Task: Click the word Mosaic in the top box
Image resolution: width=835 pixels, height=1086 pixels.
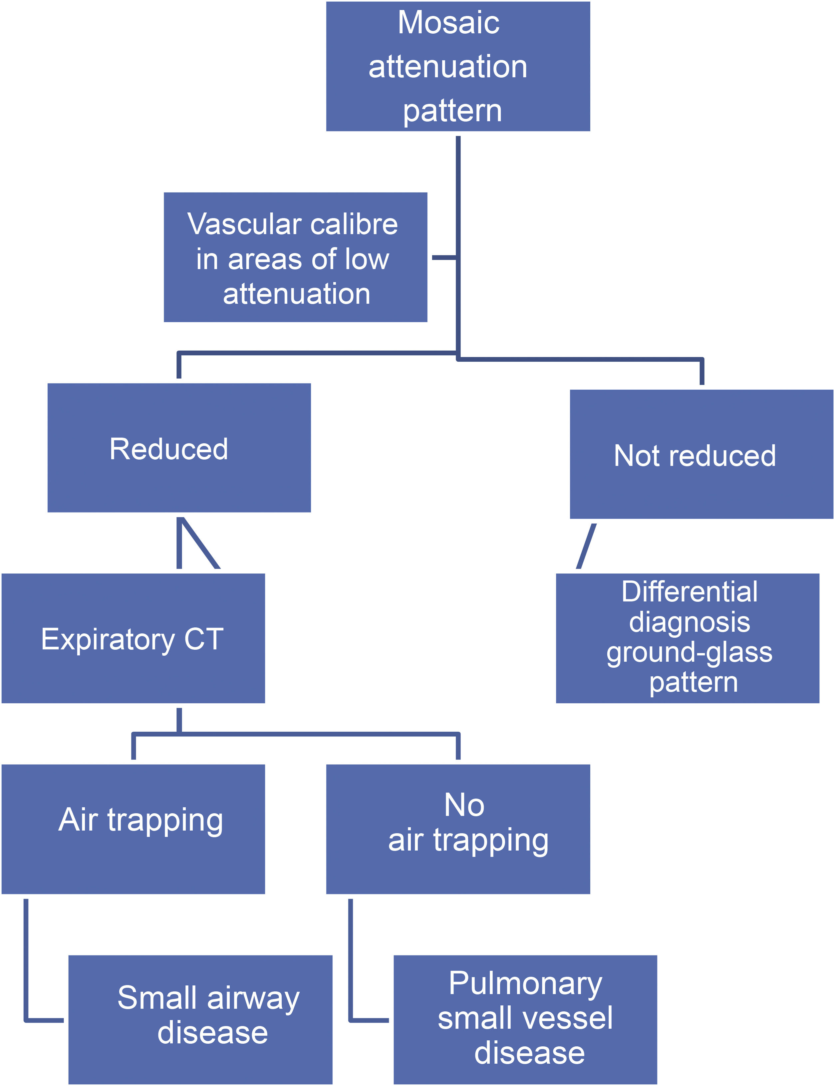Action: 448,23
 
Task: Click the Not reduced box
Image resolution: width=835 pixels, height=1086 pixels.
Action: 701,454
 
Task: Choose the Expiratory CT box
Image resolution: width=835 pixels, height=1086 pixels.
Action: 133,638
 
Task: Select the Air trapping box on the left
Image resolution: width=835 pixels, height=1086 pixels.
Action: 133,829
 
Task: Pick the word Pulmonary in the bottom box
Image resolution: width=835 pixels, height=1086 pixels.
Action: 525,984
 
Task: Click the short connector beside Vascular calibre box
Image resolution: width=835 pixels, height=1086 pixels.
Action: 444,257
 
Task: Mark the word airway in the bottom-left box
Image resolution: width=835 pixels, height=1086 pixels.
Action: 253,998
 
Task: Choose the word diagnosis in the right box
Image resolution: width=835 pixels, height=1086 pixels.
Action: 690,623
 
